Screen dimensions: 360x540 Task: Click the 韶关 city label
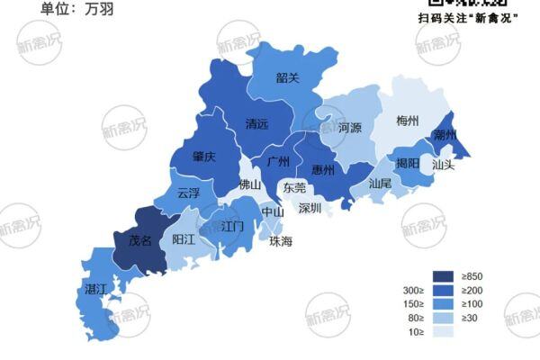click(x=287, y=77)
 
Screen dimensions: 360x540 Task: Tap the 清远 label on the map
click(x=256, y=125)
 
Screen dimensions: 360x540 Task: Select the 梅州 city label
click(x=408, y=121)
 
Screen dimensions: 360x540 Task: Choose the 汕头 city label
click(x=443, y=166)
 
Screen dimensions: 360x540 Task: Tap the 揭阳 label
click(x=408, y=164)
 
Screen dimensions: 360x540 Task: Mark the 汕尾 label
click(x=380, y=183)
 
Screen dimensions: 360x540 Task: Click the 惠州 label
click(x=323, y=170)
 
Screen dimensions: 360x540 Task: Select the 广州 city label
click(x=279, y=162)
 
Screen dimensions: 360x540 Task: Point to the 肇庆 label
click(x=204, y=156)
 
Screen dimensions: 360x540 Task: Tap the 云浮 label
click(x=189, y=193)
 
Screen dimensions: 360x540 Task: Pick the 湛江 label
click(x=95, y=289)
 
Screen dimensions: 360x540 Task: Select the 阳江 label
click(x=184, y=240)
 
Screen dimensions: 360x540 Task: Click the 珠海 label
click(x=281, y=241)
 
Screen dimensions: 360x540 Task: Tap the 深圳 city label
click(x=310, y=208)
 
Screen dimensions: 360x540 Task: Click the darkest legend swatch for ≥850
click(x=443, y=276)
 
